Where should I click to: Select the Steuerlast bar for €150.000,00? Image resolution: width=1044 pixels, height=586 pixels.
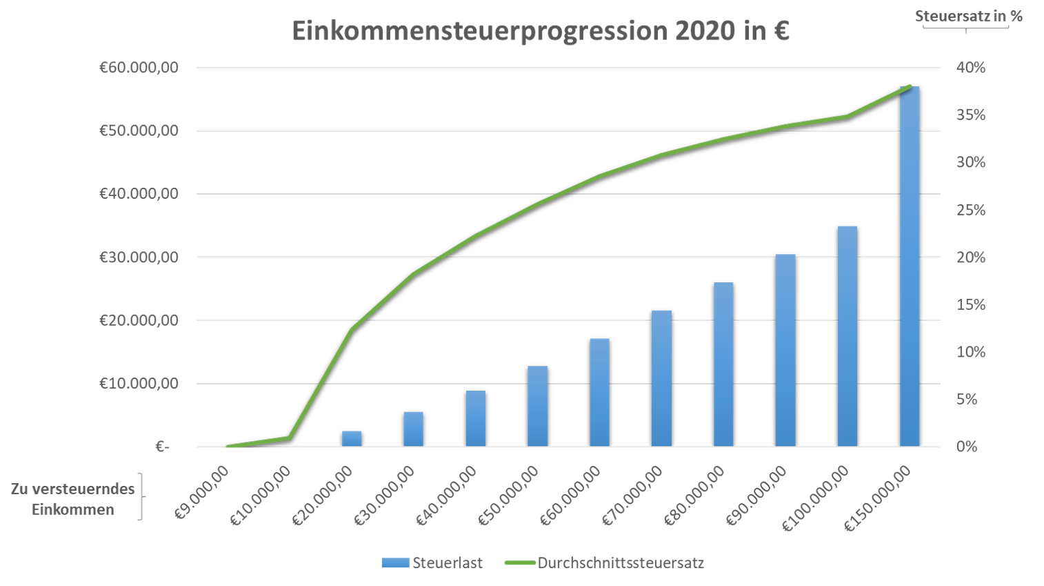[x=910, y=269]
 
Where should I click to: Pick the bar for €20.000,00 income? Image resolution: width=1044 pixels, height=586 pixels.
[x=352, y=439]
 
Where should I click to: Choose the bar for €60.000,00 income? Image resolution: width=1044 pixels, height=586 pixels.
[x=599, y=393]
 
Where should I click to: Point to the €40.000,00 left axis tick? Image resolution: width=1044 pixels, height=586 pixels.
[x=139, y=194]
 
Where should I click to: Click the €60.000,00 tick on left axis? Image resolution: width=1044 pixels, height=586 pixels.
[x=139, y=68]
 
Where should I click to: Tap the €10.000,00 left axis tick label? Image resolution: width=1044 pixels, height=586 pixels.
[x=139, y=384]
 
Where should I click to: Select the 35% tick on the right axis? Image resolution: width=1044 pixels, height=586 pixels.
[x=970, y=115]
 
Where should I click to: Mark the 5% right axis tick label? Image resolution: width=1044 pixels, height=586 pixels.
[x=966, y=400]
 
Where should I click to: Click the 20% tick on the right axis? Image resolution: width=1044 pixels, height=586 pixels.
[x=970, y=257]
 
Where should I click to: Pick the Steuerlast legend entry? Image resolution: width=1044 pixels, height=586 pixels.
[x=432, y=563]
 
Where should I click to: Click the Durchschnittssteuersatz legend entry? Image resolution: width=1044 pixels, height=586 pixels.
[x=605, y=563]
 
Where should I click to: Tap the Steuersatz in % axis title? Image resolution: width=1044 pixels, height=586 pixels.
[x=969, y=16]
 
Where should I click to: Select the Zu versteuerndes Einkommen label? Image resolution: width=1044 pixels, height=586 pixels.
[x=72, y=499]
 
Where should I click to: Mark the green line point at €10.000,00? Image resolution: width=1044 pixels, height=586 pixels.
[x=290, y=438]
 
